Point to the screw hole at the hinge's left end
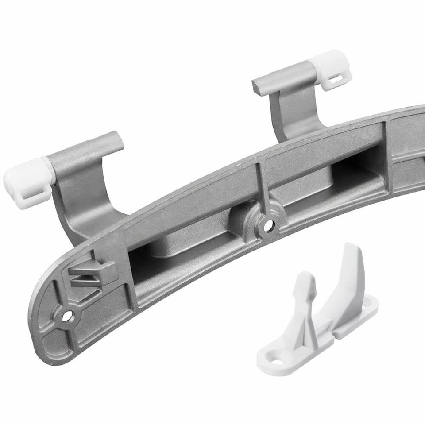pyautogui.click(x=67, y=316)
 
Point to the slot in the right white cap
pyautogui.click(x=337, y=80)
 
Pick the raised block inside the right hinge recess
pyautogui.click(x=310, y=186)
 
